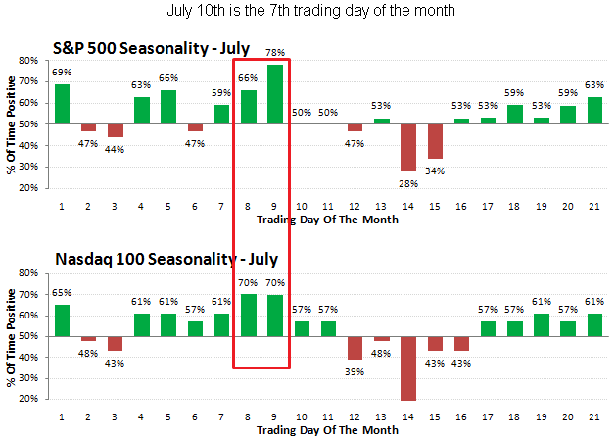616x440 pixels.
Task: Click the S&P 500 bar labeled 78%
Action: [274, 95]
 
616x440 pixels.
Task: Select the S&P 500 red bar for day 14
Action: [407, 147]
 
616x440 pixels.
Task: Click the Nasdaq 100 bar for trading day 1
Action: [62, 320]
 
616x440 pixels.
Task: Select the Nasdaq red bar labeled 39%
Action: [355, 348]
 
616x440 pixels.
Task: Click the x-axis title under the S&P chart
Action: [327, 220]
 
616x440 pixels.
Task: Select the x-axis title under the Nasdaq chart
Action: [327, 430]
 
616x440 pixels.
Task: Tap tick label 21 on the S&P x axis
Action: [593, 205]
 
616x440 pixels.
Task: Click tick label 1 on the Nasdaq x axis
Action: [62, 416]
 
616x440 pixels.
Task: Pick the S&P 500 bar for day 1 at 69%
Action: [62, 104]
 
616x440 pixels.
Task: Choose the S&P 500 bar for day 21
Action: [593, 110]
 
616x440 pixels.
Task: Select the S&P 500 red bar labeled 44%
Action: [115, 130]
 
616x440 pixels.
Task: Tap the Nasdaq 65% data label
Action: [62, 293]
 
